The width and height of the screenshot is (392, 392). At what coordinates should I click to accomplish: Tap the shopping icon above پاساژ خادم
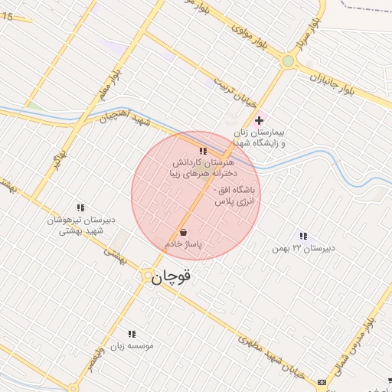[x=182, y=232]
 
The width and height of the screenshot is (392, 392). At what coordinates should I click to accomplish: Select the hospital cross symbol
[x=259, y=120]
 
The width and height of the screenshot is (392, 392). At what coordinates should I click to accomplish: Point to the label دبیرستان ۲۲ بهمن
[x=304, y=249]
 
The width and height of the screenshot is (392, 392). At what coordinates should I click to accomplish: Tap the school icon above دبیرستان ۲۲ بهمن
[x=304, y=236]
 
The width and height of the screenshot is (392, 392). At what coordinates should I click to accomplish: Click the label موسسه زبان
[x=131, y=346]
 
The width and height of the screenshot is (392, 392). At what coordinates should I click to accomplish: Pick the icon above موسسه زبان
[x=131, y=334]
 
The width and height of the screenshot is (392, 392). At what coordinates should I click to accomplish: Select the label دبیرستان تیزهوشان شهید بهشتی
[x=80, y=225]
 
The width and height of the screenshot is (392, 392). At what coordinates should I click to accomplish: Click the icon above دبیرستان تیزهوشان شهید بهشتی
[x=80, y=207]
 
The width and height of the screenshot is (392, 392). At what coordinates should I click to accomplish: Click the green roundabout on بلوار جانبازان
[x=288, y=61]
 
